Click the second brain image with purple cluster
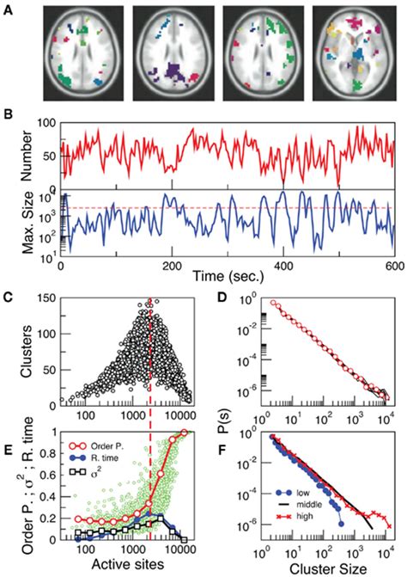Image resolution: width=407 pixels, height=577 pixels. pos(172,52)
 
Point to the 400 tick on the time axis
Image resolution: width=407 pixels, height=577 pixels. pos(283,265)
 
